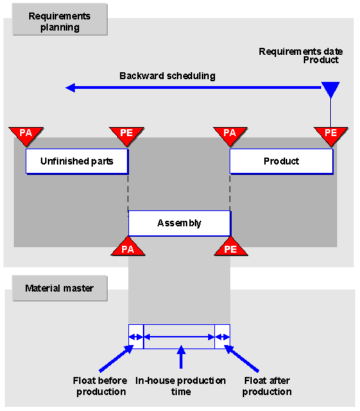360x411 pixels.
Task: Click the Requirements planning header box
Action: point(60,19)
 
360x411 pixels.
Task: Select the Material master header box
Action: point(60,288)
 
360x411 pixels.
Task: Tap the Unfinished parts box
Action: point(77,161)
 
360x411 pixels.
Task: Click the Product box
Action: point(282,161)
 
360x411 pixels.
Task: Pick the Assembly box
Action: point(180,223)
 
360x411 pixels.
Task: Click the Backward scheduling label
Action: point(167,76)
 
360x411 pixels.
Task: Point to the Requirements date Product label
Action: point(301,56)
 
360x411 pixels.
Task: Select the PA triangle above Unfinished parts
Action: point(26,136)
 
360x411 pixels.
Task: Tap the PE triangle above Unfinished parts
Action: point(127,136)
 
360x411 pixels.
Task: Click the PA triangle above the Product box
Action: point(230,136)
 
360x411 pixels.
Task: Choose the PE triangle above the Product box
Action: point(331,136)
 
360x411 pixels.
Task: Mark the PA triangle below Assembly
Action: point(128,247)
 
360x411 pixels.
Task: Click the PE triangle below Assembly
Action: point(231,247)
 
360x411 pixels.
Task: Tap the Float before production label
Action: point(101,386)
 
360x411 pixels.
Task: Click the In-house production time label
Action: point(180,386)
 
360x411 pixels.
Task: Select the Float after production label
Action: point(267,386)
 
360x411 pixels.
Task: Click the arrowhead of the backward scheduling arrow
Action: point(70,87)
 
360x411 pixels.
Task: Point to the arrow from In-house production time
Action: point(181,357)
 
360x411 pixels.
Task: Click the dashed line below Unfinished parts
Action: point(128,192)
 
